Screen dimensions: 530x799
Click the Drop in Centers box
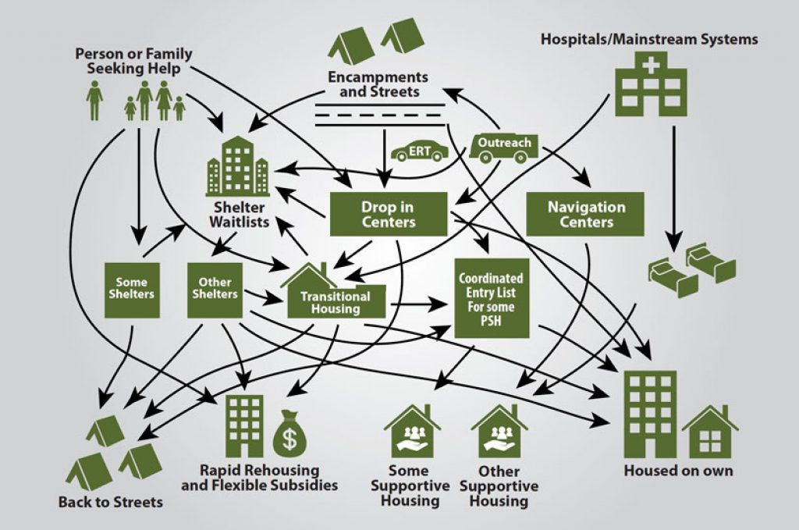click(388, 214)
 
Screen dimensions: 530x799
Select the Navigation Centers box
click(586, 214)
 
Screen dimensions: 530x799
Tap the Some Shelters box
click(130, 290)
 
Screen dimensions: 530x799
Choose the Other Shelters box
click(215, 290)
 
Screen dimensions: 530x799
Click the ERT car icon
click(421, 151)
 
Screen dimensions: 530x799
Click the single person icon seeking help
click(94, 101)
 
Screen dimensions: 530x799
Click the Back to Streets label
click(111, 502)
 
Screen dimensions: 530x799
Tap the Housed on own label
click(678, 471)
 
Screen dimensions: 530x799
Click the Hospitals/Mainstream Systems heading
click(649, 39)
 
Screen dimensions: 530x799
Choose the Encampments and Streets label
click(378, 84)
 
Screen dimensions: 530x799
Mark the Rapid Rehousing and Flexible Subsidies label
click(259, 478)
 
